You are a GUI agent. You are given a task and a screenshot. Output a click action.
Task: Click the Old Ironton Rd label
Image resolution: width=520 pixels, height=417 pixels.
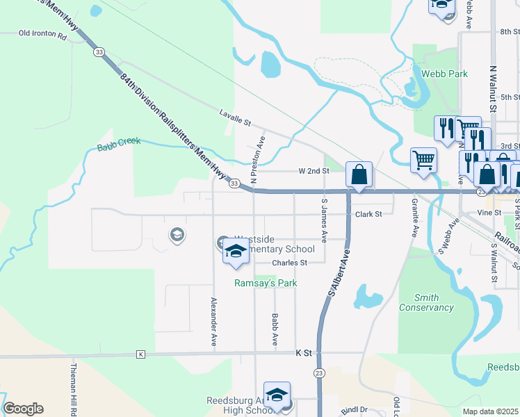(42, 33)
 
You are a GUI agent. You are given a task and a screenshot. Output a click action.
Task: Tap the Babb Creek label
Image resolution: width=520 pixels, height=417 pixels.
(119, 143)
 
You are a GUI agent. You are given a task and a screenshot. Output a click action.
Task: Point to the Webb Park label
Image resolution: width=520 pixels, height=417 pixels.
(444, 74)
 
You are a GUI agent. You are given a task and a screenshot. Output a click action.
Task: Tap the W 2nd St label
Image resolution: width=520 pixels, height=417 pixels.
(313, 170)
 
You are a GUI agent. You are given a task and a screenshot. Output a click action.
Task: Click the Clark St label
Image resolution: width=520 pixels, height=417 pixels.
(368, 214)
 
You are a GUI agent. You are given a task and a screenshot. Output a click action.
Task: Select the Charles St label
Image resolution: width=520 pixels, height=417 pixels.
(289, 263)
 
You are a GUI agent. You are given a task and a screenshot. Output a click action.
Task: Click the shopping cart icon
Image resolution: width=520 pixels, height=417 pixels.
(423, 161)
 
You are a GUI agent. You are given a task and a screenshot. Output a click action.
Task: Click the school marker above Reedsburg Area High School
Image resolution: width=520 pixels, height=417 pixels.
(277, 395)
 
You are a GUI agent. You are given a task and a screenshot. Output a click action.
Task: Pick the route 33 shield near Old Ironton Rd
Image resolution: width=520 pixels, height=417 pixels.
(100, 52)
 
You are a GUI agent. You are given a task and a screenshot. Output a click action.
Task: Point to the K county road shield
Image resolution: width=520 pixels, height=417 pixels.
(141, 354)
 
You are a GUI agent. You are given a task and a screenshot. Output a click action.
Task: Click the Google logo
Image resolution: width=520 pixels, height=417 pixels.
(23, 409)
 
